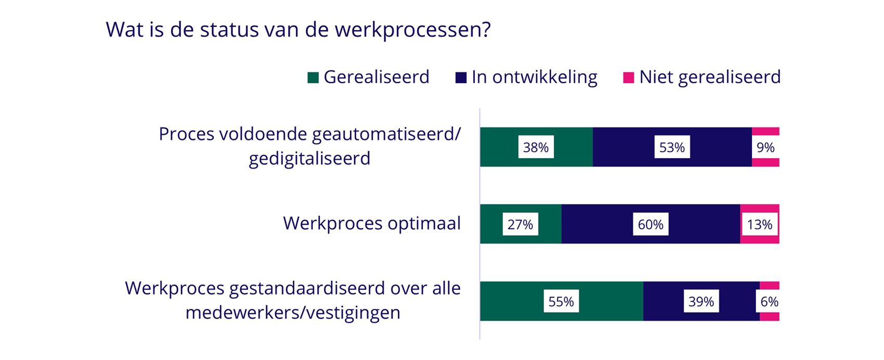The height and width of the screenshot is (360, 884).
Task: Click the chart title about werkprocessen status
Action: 298,30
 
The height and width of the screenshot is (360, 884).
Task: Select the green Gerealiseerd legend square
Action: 313,78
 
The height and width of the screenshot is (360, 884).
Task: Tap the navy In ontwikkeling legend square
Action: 461,78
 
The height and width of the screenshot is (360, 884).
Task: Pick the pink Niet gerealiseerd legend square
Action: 629,78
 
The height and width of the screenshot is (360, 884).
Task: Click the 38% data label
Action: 536,147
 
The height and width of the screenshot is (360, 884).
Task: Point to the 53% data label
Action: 672,147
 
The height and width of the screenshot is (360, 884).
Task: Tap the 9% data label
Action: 765,147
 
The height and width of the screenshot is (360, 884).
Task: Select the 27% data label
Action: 520,224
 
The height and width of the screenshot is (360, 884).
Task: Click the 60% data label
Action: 651,224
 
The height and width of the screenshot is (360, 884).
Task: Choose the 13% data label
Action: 760,224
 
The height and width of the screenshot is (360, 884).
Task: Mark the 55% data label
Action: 561,301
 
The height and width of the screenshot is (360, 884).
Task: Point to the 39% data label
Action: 701,301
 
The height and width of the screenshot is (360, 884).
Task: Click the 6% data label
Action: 769,301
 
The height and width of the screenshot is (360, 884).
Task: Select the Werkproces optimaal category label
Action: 372,223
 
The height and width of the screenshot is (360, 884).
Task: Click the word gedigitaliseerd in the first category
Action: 309,158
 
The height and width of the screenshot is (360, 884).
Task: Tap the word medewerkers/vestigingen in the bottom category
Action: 293,313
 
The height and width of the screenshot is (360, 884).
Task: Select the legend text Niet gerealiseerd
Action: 710,77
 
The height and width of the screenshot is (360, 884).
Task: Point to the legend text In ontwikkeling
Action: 535,77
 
